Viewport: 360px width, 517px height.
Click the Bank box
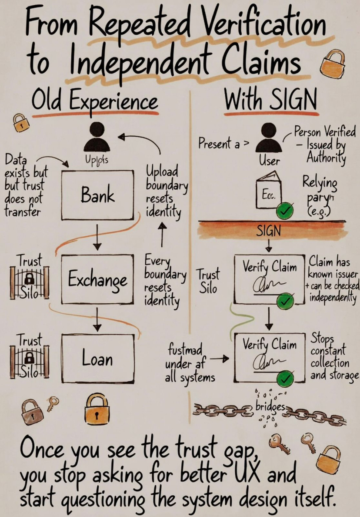[x=97, y=195]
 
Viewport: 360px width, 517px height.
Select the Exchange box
[x=97, y=279]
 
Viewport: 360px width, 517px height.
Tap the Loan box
[x=97, y=359]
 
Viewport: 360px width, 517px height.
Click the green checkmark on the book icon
[x=285, y=212]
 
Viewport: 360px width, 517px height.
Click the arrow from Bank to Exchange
[x=97, y=237]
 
